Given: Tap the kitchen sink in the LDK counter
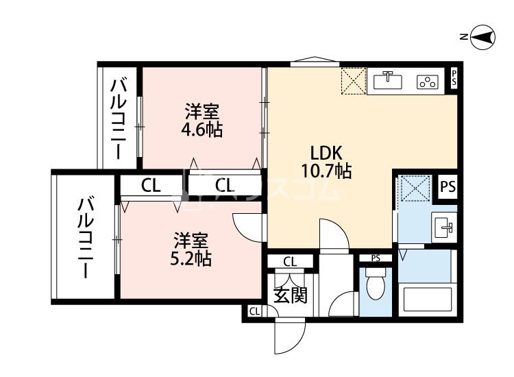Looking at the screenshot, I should [388, 82].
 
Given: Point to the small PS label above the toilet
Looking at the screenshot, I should [375, 258].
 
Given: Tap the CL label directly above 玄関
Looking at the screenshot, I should [290, 261].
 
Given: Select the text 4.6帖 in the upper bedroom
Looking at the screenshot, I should [202, 128].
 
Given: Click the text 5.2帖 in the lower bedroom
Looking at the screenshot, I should [191, 258].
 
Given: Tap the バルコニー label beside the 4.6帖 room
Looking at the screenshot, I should [119, 118].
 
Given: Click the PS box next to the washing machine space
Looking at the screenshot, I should [447, 186].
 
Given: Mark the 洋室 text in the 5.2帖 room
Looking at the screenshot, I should [191, 241].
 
